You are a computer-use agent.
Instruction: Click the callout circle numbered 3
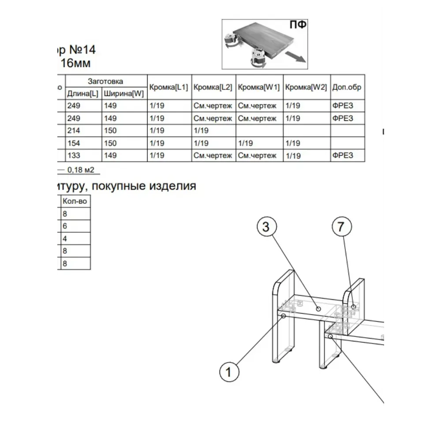[x=267, y=227]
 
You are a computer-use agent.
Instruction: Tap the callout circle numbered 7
[x=342, y=227]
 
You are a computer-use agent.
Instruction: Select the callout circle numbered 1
[x=229, y=372]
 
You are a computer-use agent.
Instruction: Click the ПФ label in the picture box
[x=298, y=25]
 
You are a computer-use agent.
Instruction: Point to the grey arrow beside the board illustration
[x=295, y=57]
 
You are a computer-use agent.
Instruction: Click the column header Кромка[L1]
[x=169, y=87]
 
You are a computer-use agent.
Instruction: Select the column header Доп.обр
[x=347, y=87]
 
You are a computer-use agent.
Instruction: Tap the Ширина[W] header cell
[x=124, y=93]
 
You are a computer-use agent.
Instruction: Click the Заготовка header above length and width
[x=105, y=81]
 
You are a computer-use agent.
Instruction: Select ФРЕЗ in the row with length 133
[x=343, y=155]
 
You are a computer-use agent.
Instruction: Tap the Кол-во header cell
[x=75, y=201]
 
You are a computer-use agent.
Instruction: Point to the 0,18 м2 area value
[x=81, y=170]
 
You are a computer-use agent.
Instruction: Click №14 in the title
[x=82, y=50]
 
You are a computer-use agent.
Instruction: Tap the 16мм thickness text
[x=76, y=63]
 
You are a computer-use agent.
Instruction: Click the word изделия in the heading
[x=172, y=186]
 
